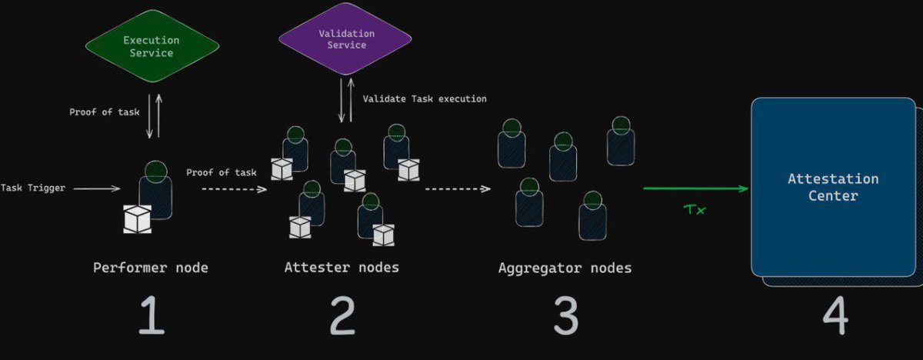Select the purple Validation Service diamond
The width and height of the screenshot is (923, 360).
(346, 39)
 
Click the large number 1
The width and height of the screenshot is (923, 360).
(151, 316)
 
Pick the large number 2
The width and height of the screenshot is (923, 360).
(342, 316)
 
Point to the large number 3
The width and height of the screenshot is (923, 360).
(565, 316)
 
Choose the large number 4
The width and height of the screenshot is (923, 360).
(835, 316)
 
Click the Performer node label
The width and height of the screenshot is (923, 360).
(151, 268)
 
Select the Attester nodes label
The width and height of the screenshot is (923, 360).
(342, 268)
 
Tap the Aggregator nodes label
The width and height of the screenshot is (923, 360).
(565, 268)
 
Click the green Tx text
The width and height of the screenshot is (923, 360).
(695, 209)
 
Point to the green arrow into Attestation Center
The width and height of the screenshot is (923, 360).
(695, 188)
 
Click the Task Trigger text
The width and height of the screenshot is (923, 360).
(32, 188)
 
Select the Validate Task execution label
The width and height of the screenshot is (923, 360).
(425, 99)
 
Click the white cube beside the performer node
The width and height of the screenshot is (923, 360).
(138, 218)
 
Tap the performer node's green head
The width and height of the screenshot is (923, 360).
(156, 171)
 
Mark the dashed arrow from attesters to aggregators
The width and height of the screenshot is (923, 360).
(458, 188)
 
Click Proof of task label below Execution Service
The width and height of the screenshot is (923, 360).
(105, 112)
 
